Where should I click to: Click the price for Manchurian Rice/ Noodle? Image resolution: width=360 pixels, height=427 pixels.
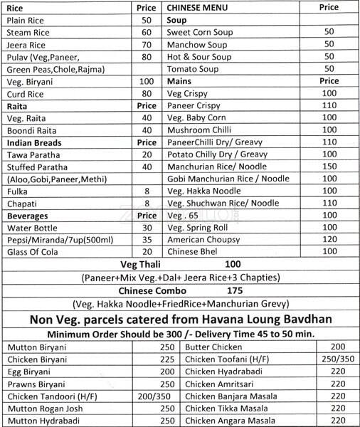pos(328,165)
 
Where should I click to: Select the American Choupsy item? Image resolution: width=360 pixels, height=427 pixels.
pos(202,240)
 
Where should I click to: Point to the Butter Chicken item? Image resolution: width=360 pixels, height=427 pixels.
pos(213,347)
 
